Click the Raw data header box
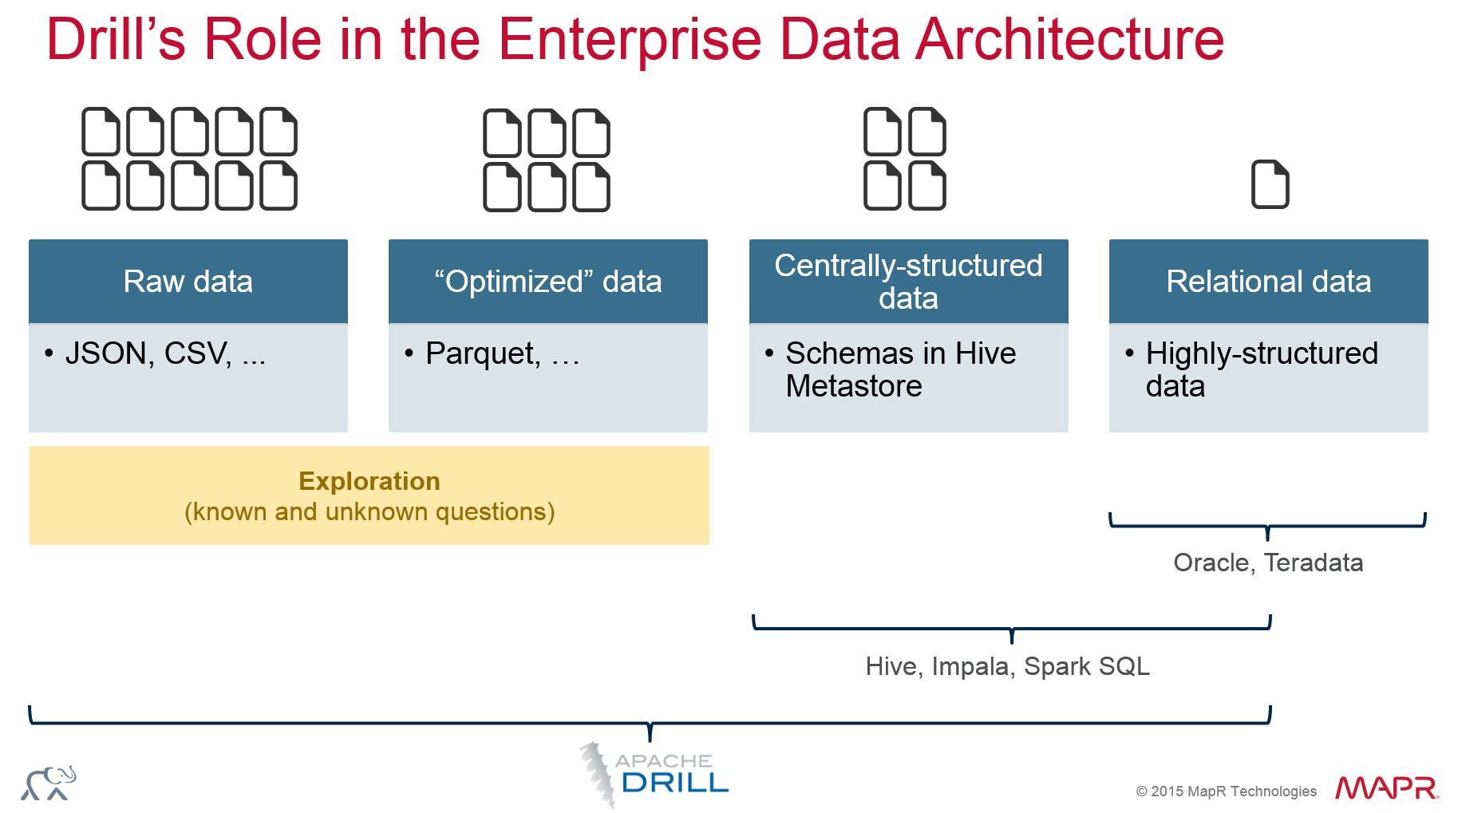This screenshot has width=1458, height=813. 188,281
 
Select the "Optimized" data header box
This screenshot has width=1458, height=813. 548,281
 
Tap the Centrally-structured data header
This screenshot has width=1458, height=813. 909,281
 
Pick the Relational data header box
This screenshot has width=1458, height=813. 1269,281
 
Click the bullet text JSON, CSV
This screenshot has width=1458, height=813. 165,353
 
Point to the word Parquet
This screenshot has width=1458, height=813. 483,353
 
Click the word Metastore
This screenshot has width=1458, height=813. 854,386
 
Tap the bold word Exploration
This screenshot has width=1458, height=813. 369,481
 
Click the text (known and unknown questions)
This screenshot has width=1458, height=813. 369,511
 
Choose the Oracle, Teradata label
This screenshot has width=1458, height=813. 1268,562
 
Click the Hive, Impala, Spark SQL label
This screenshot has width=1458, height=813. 1008,666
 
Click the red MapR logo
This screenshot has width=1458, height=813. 1388,787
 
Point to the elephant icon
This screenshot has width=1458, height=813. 49,783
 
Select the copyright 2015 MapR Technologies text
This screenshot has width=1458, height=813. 1226,791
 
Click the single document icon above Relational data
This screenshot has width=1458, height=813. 1270,184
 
